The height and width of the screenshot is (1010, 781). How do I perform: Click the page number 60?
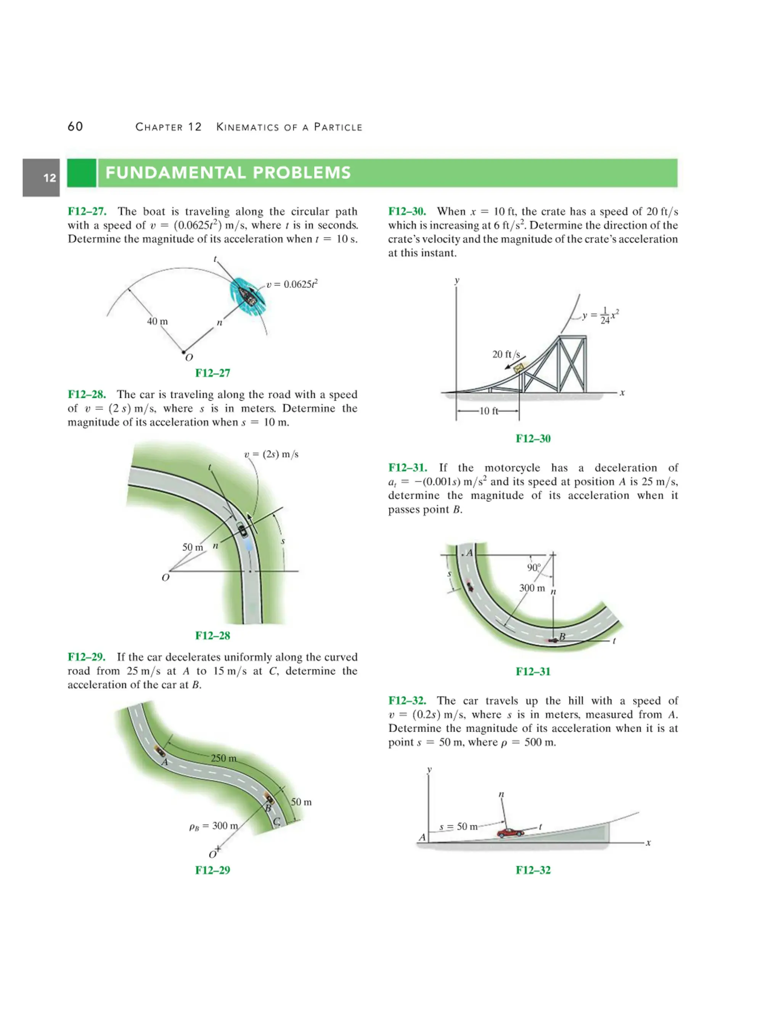(75, 127)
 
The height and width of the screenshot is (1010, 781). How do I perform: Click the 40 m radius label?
(157, 321)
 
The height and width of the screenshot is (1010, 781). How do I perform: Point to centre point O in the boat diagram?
(184, 353)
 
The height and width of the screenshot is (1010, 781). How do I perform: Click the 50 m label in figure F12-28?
(193, 547)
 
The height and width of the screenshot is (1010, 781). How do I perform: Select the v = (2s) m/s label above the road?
(271, 454)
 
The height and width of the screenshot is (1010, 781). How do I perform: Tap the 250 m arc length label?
(223, 758)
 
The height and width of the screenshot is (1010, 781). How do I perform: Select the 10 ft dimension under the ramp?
(489, 410)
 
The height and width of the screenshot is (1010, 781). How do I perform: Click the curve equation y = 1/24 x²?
(601, 316)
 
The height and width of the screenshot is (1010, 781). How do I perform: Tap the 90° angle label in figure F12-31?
(534, 568)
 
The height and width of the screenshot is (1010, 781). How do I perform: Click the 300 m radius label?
(532, 588)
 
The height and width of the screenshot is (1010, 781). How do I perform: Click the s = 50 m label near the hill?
(458, 826)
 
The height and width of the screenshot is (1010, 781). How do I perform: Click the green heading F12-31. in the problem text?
(407, 468)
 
